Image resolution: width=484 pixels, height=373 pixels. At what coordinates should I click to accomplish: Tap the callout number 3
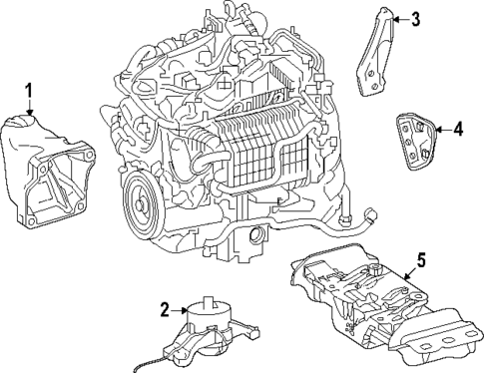pyautogui.click(x=416, y=17)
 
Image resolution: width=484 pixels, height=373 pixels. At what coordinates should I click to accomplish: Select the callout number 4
pyautogui.click(x=458, y=128)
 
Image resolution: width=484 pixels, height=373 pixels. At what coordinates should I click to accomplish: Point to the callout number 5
pyautogui.click(x=421, y=261)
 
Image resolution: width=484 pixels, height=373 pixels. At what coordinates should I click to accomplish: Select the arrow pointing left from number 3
pyautogui.click(x=399, y=17)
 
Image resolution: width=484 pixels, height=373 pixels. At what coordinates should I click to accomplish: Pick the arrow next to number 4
pyautogui.click(x=440, y=128)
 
